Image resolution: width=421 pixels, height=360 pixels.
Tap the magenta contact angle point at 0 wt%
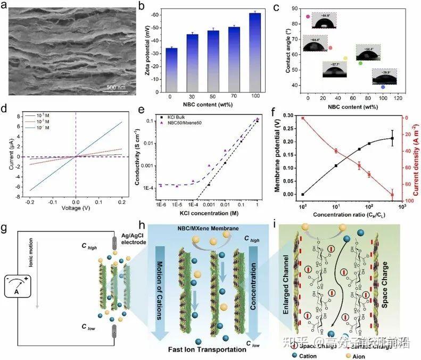click(x=308, y=16)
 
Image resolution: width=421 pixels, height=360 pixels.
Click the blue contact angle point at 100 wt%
click(x=383, y=87)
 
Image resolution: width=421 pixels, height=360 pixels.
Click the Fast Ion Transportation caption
click(x=211, y=349)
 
